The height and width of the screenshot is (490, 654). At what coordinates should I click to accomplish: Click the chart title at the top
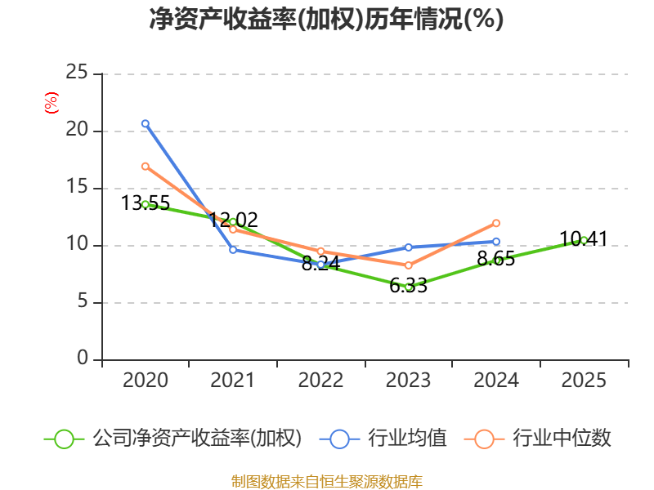[x=326, y=19]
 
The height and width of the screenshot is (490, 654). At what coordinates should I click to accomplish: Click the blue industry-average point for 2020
[x=146, y=124]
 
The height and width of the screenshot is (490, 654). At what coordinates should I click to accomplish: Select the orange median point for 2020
[x=146, y=167]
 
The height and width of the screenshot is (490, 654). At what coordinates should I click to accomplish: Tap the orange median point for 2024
[x=496, y=223]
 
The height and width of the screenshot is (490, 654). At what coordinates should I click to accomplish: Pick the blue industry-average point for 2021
[x=233, y=250]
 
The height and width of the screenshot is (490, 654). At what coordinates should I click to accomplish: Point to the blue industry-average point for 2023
[x=408, y=247]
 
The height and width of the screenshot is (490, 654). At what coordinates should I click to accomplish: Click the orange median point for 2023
[x=408, y=265]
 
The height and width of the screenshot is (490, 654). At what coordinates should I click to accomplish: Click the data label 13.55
[x=146, y=203]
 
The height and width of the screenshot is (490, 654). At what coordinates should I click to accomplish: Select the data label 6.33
[x=408, y=286]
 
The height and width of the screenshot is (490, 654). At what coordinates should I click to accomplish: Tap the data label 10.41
[x=584, y=239]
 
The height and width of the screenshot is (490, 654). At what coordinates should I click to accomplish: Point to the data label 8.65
[x=496, y=259]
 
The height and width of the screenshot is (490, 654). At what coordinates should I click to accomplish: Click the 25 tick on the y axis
[x=77, y=73]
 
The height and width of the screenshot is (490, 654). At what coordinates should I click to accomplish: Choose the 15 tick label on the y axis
[x=77, y=187]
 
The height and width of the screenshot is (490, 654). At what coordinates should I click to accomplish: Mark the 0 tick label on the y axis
[x=83, y=358]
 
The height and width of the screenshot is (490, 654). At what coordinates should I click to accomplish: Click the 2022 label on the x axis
[x=320, y=381]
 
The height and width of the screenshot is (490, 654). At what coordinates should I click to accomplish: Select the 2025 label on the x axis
[x=584, y=381]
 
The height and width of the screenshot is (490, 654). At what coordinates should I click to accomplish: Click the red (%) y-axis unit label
[x=52, y=103]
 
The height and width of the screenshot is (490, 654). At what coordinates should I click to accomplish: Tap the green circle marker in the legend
[x=65, y=439]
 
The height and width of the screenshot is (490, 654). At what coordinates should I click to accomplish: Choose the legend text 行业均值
[x=407, y=439]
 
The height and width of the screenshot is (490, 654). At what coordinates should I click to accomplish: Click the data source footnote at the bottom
[x=327, y=482]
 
